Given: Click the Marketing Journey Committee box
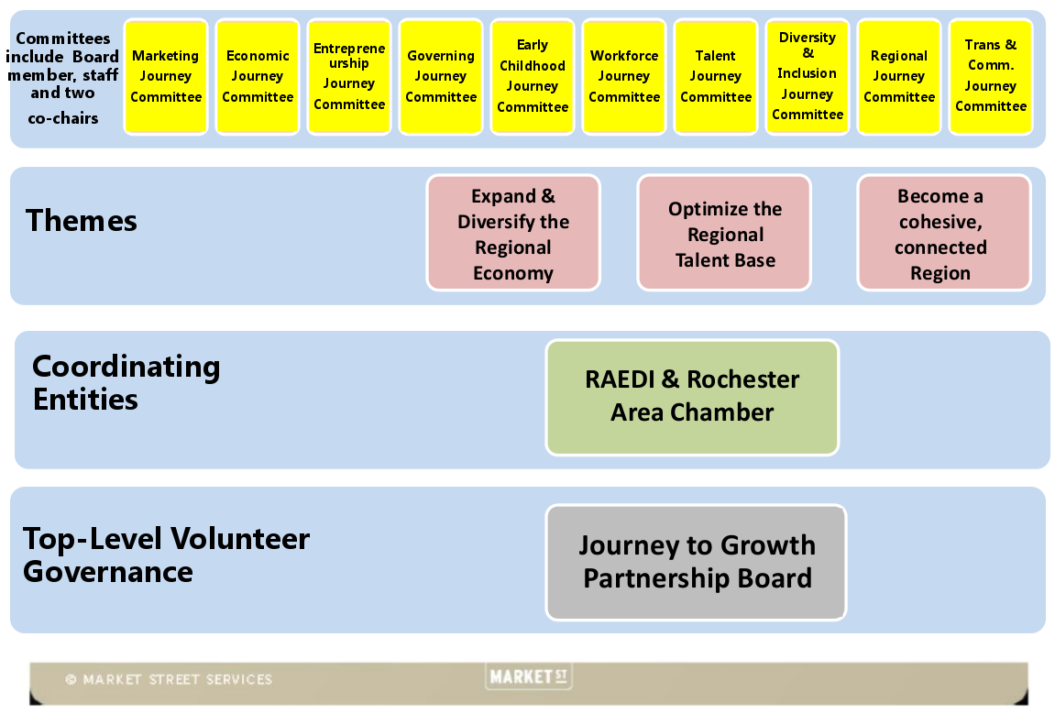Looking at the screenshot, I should click(x=166, y=77).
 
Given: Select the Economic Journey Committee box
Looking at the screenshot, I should click(x=258, y=77).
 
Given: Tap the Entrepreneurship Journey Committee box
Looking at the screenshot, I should click(x=349, y=77).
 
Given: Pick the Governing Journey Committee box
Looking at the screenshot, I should click(x=441, y=77).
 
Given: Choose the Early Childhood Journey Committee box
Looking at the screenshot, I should click(x=533, y=77).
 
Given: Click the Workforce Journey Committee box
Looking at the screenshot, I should click(x=624, y=77).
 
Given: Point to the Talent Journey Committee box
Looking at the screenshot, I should click(x=716, y=77).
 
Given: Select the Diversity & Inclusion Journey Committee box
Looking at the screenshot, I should click(x=808, y=77).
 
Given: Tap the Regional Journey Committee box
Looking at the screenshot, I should click(x=899, y=77).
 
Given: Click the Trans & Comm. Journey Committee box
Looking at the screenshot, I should click(x=991, y=77).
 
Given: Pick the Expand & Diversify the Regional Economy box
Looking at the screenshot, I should click(x=513, y=234).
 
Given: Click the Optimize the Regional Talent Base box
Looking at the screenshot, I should click(x=724, y=234).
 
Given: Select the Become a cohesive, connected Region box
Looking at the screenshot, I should click(x=943, y=234).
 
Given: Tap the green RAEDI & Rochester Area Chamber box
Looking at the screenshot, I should click(x=692, y=397).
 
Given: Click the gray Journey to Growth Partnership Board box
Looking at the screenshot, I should click(x=697, y=562).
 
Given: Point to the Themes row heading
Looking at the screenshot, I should click(x=82, y=221).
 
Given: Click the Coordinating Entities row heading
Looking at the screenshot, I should click(x=126, y=382).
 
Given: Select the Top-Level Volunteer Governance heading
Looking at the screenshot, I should click(x=166, y=555).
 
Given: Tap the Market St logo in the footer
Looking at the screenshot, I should click(x=528, y=677).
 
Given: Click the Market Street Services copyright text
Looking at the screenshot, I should click(x=169, y=680).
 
